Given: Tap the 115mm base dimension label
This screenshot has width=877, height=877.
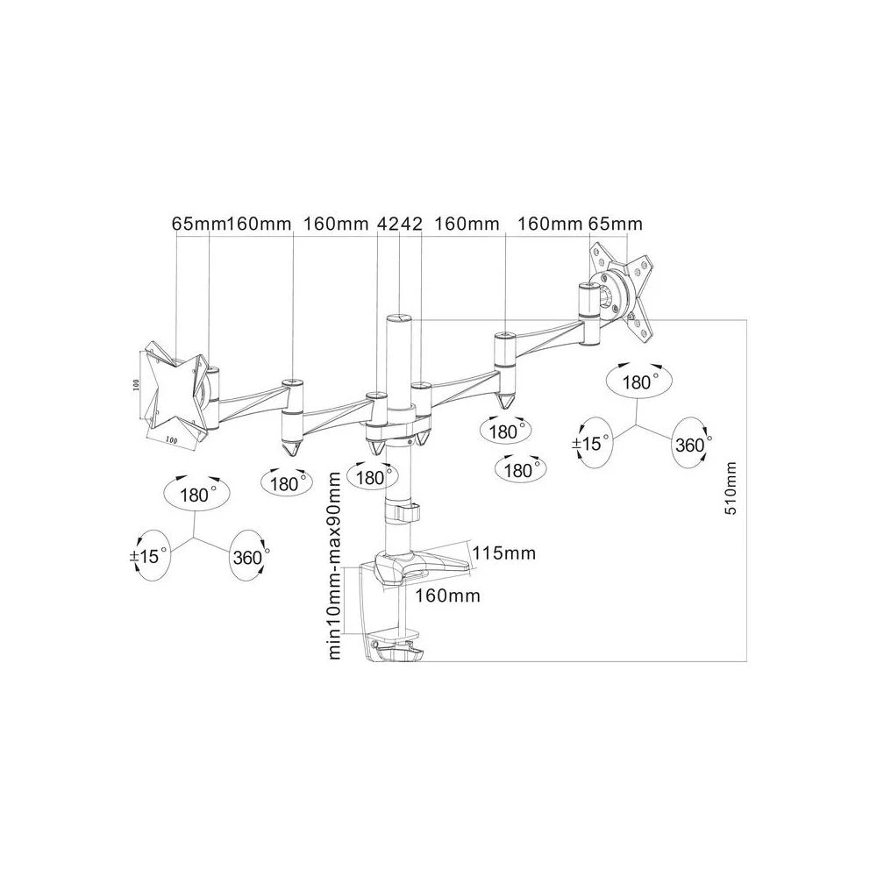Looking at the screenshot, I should point(503,553).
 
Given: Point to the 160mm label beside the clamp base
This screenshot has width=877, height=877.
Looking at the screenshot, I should point(447,596).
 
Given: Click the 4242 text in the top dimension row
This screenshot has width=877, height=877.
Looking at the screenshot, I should point(400,225).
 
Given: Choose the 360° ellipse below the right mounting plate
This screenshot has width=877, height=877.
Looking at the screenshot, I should point(690,445).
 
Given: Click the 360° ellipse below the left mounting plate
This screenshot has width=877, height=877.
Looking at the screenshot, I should point(250,556).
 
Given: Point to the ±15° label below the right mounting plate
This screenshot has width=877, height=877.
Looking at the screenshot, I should point(590,444).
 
